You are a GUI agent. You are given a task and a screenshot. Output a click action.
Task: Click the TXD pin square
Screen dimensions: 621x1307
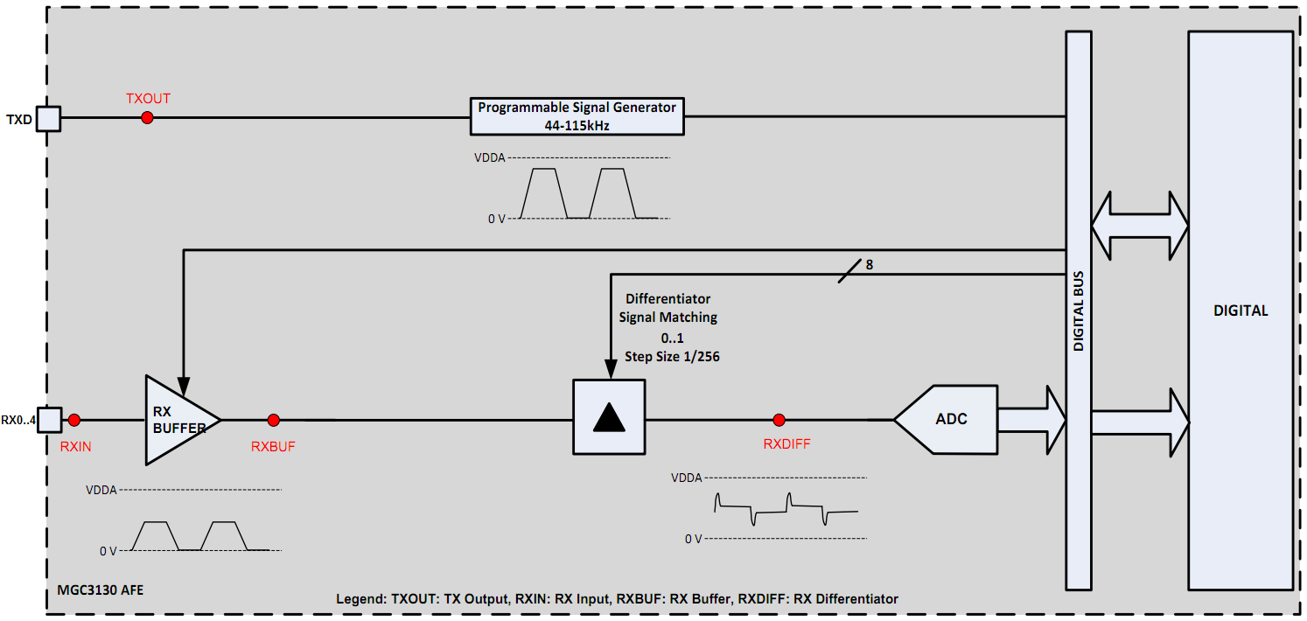tap(48, 118)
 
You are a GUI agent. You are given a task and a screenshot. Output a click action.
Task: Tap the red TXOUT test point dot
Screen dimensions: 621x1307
tap(147, 117)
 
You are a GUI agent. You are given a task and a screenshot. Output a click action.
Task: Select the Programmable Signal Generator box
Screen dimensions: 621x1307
tap(577, 115)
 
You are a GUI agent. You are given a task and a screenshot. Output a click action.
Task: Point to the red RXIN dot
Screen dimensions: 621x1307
tap(74, 420)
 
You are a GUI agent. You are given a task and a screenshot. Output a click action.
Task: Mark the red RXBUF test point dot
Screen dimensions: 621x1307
tap(273, 420)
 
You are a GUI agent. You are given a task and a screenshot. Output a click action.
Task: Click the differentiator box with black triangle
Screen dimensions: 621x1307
tap(609, 417)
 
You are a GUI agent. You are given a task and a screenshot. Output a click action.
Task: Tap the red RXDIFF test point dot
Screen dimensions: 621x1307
tap(779, 420)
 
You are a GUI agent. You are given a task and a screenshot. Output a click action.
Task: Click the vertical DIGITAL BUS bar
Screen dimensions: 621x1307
tap(1078, 310)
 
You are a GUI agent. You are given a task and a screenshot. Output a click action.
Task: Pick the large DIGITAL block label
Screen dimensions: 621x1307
tap(1240, 310)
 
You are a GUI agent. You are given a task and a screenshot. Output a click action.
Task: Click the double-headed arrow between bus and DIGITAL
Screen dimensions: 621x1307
tap(1139, 225)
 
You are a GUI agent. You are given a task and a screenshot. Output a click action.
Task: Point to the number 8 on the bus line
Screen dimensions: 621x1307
tap(869, 263)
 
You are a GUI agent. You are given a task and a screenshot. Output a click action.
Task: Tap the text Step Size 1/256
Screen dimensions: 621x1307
tap(672, 357)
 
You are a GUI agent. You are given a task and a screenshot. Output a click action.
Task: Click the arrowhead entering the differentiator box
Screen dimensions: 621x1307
tap(609, 371)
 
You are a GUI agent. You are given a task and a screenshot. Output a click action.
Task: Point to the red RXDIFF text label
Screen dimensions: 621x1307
tap(786, 444)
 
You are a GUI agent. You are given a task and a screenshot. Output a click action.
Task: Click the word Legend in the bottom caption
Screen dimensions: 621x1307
tap(360, 599)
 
